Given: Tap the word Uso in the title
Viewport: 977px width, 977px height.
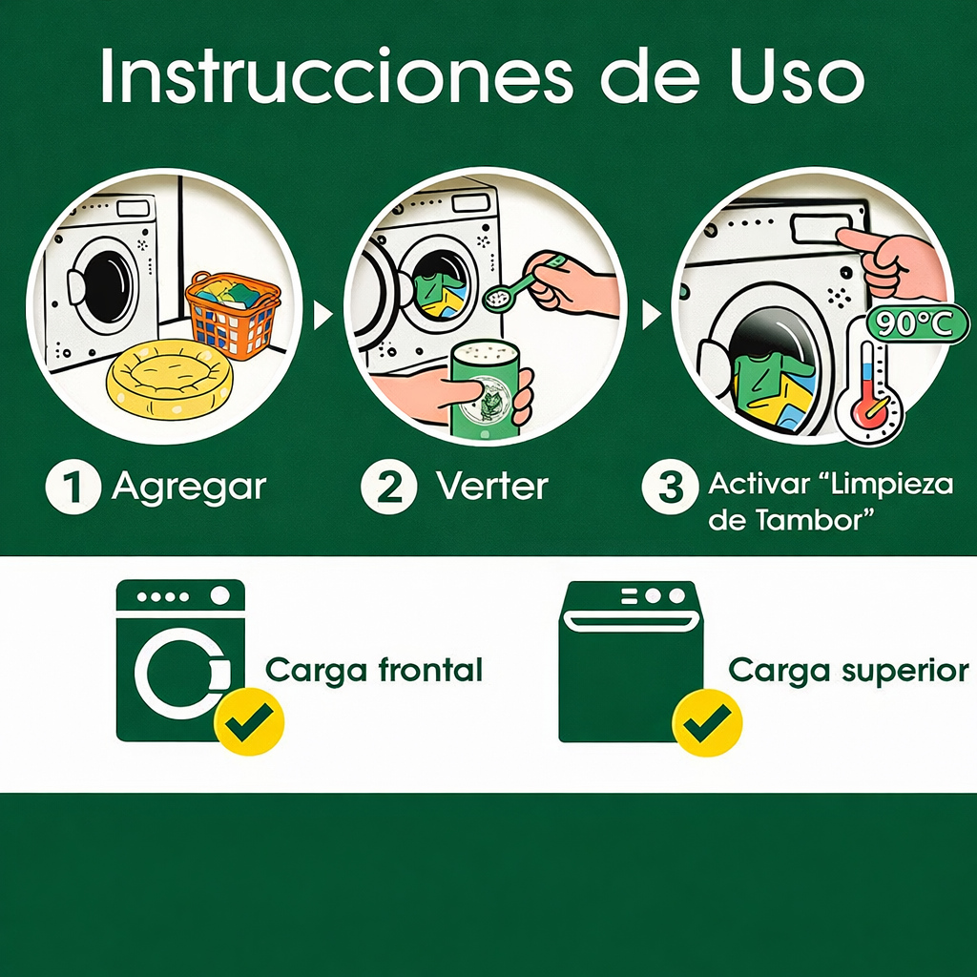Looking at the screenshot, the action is click(x=799, y=75).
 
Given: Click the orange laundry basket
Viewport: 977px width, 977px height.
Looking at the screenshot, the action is click(x=233, y=316).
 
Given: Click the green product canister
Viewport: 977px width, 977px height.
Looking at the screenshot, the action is click(x=486, y=389).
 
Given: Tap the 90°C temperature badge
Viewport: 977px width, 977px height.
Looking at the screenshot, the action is click(x=915, y=324).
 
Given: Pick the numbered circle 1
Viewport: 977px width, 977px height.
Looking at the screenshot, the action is click(x=73, y=487).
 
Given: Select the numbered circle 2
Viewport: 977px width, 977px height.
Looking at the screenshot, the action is click(x=389, y=487).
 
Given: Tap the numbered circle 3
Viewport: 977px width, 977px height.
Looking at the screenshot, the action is click(x=670, y=487).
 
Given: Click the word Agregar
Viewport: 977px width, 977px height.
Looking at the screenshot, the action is click(x=190, y=488).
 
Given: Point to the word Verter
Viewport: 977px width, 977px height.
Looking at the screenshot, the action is click(x=492, y=486).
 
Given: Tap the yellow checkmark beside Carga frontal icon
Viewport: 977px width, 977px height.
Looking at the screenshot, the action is click(x=249, y=722).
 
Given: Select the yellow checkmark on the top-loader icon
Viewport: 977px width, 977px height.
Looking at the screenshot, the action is click(x=707, y=722).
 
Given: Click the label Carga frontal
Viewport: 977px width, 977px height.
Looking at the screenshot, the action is click(x=374, y=671).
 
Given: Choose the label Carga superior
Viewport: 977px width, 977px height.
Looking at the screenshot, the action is click(x=848, y=671).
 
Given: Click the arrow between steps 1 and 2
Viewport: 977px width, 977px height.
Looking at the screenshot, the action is click(x=322, y=315).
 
